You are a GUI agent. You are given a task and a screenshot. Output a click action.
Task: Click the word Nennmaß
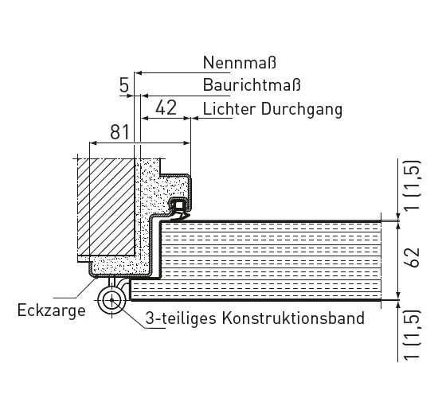coord(240,62)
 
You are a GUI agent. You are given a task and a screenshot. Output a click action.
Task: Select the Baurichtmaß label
coord(252,84)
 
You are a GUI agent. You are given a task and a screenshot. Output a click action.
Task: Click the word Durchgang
coord(302,110)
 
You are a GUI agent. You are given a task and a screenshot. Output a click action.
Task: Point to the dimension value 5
coord(124,86)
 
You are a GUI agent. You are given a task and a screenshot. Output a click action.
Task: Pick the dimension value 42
coord(166,107)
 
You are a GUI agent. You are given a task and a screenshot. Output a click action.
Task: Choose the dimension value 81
coord(119,132)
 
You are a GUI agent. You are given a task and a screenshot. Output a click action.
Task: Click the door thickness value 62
coord(413,257)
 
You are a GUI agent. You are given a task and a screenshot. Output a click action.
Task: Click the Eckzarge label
coord(51,310)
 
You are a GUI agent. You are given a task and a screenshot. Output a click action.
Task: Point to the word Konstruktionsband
coord(293,318)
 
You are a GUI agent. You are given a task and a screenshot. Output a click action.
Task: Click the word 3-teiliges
coord(181,318)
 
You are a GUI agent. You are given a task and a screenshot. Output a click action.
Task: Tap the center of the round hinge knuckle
coord(111,300)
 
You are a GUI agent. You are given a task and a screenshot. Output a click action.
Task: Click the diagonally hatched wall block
coord(106,207)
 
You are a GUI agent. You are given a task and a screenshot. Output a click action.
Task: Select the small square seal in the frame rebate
coord(179,205)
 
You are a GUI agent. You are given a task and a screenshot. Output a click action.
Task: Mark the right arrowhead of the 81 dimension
coord(187,143)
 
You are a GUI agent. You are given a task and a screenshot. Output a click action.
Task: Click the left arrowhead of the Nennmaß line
coord(138,73)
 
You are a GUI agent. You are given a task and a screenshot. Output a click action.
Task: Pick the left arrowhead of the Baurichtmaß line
coord(145,96)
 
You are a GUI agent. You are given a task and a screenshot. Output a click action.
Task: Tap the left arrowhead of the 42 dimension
coord(145,119)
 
